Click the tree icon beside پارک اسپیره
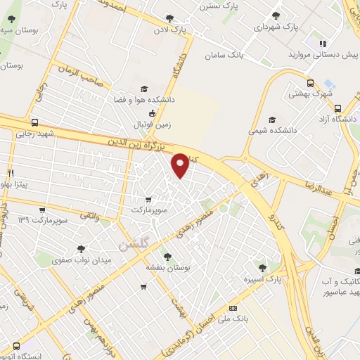point(263,267)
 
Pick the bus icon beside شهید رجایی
point(35,122)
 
